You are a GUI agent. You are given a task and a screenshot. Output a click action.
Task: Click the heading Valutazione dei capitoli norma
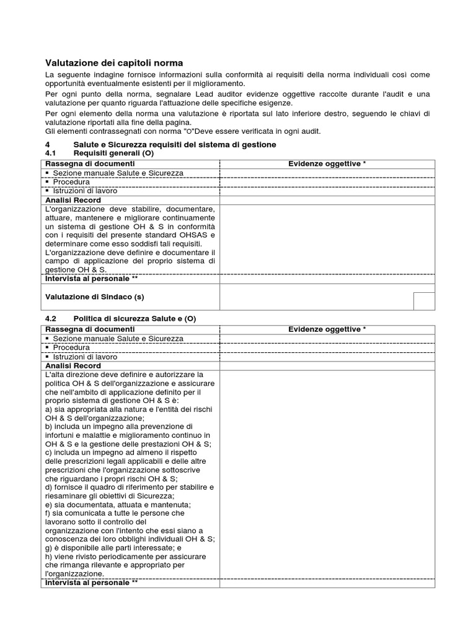(115, 63)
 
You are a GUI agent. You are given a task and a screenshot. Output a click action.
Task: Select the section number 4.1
(51, 153)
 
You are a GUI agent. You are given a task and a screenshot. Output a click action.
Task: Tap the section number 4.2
(51, 318)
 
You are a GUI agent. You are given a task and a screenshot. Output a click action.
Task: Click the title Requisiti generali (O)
(113, 153)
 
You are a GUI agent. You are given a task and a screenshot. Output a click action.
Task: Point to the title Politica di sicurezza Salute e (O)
(134, 318)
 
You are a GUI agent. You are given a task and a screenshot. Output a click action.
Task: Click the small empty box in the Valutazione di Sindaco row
(424, 300)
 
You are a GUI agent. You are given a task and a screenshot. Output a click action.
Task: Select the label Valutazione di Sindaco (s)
(95, 297)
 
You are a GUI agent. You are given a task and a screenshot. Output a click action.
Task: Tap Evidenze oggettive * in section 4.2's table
(327, 329)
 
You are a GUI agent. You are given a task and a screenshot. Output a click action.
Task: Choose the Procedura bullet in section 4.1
(71, 182)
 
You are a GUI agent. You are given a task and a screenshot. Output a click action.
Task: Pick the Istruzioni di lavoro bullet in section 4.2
(84, 357)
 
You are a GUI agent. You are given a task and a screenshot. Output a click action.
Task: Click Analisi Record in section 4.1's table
(73, 201)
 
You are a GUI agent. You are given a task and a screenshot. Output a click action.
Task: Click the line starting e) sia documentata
(109, 505)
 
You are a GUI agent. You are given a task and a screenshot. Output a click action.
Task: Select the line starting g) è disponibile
(113, 548)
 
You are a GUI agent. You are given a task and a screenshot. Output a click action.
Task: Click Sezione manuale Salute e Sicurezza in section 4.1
(118, 173)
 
